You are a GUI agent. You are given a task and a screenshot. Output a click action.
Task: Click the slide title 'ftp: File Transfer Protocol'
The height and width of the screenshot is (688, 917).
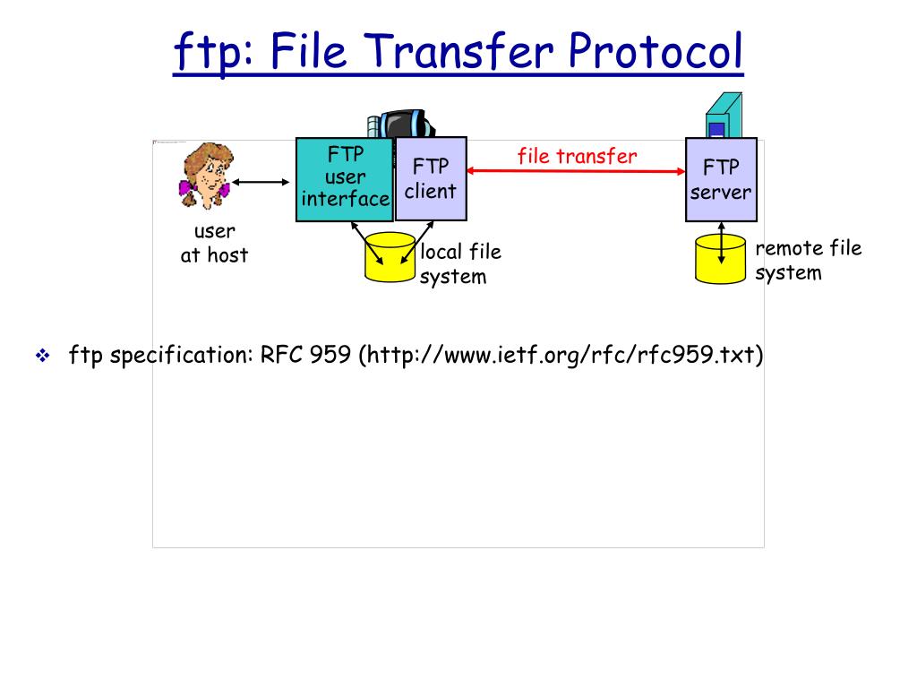pos(458,52)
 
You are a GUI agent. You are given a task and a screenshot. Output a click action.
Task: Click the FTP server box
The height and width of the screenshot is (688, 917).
pos(721,179)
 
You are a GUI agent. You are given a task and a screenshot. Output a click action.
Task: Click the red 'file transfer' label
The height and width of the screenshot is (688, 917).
pos(577,156)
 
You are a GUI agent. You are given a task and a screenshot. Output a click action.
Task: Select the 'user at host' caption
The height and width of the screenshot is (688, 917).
pos(214,244)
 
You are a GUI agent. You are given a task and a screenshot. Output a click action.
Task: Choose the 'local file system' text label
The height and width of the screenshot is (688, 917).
pos(460,264)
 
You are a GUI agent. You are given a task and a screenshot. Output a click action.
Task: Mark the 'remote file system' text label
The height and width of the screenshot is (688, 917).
pos(808,260)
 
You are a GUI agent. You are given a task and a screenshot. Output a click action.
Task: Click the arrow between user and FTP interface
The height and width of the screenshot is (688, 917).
pos(261,183)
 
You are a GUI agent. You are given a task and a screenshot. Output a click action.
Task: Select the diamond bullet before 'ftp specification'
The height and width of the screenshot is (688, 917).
pos(41,357)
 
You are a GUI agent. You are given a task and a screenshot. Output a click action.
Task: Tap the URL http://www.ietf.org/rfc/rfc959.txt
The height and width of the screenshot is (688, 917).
pos(561,356)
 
